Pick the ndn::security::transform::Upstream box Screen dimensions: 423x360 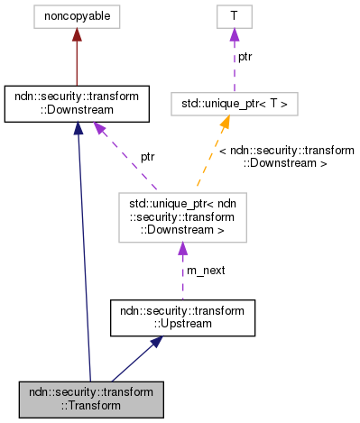click(x=182, y=317)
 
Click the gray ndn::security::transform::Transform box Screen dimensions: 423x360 click(x=90, y=399)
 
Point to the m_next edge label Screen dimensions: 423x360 click(x=205, y=269)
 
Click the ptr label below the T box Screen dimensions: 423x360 click(x=244, y=57)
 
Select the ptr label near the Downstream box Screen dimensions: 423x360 click(x=147, y=156)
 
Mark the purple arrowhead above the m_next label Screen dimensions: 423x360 click(x=182, y=248)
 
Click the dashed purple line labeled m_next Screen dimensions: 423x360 click(x=182, y=280)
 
